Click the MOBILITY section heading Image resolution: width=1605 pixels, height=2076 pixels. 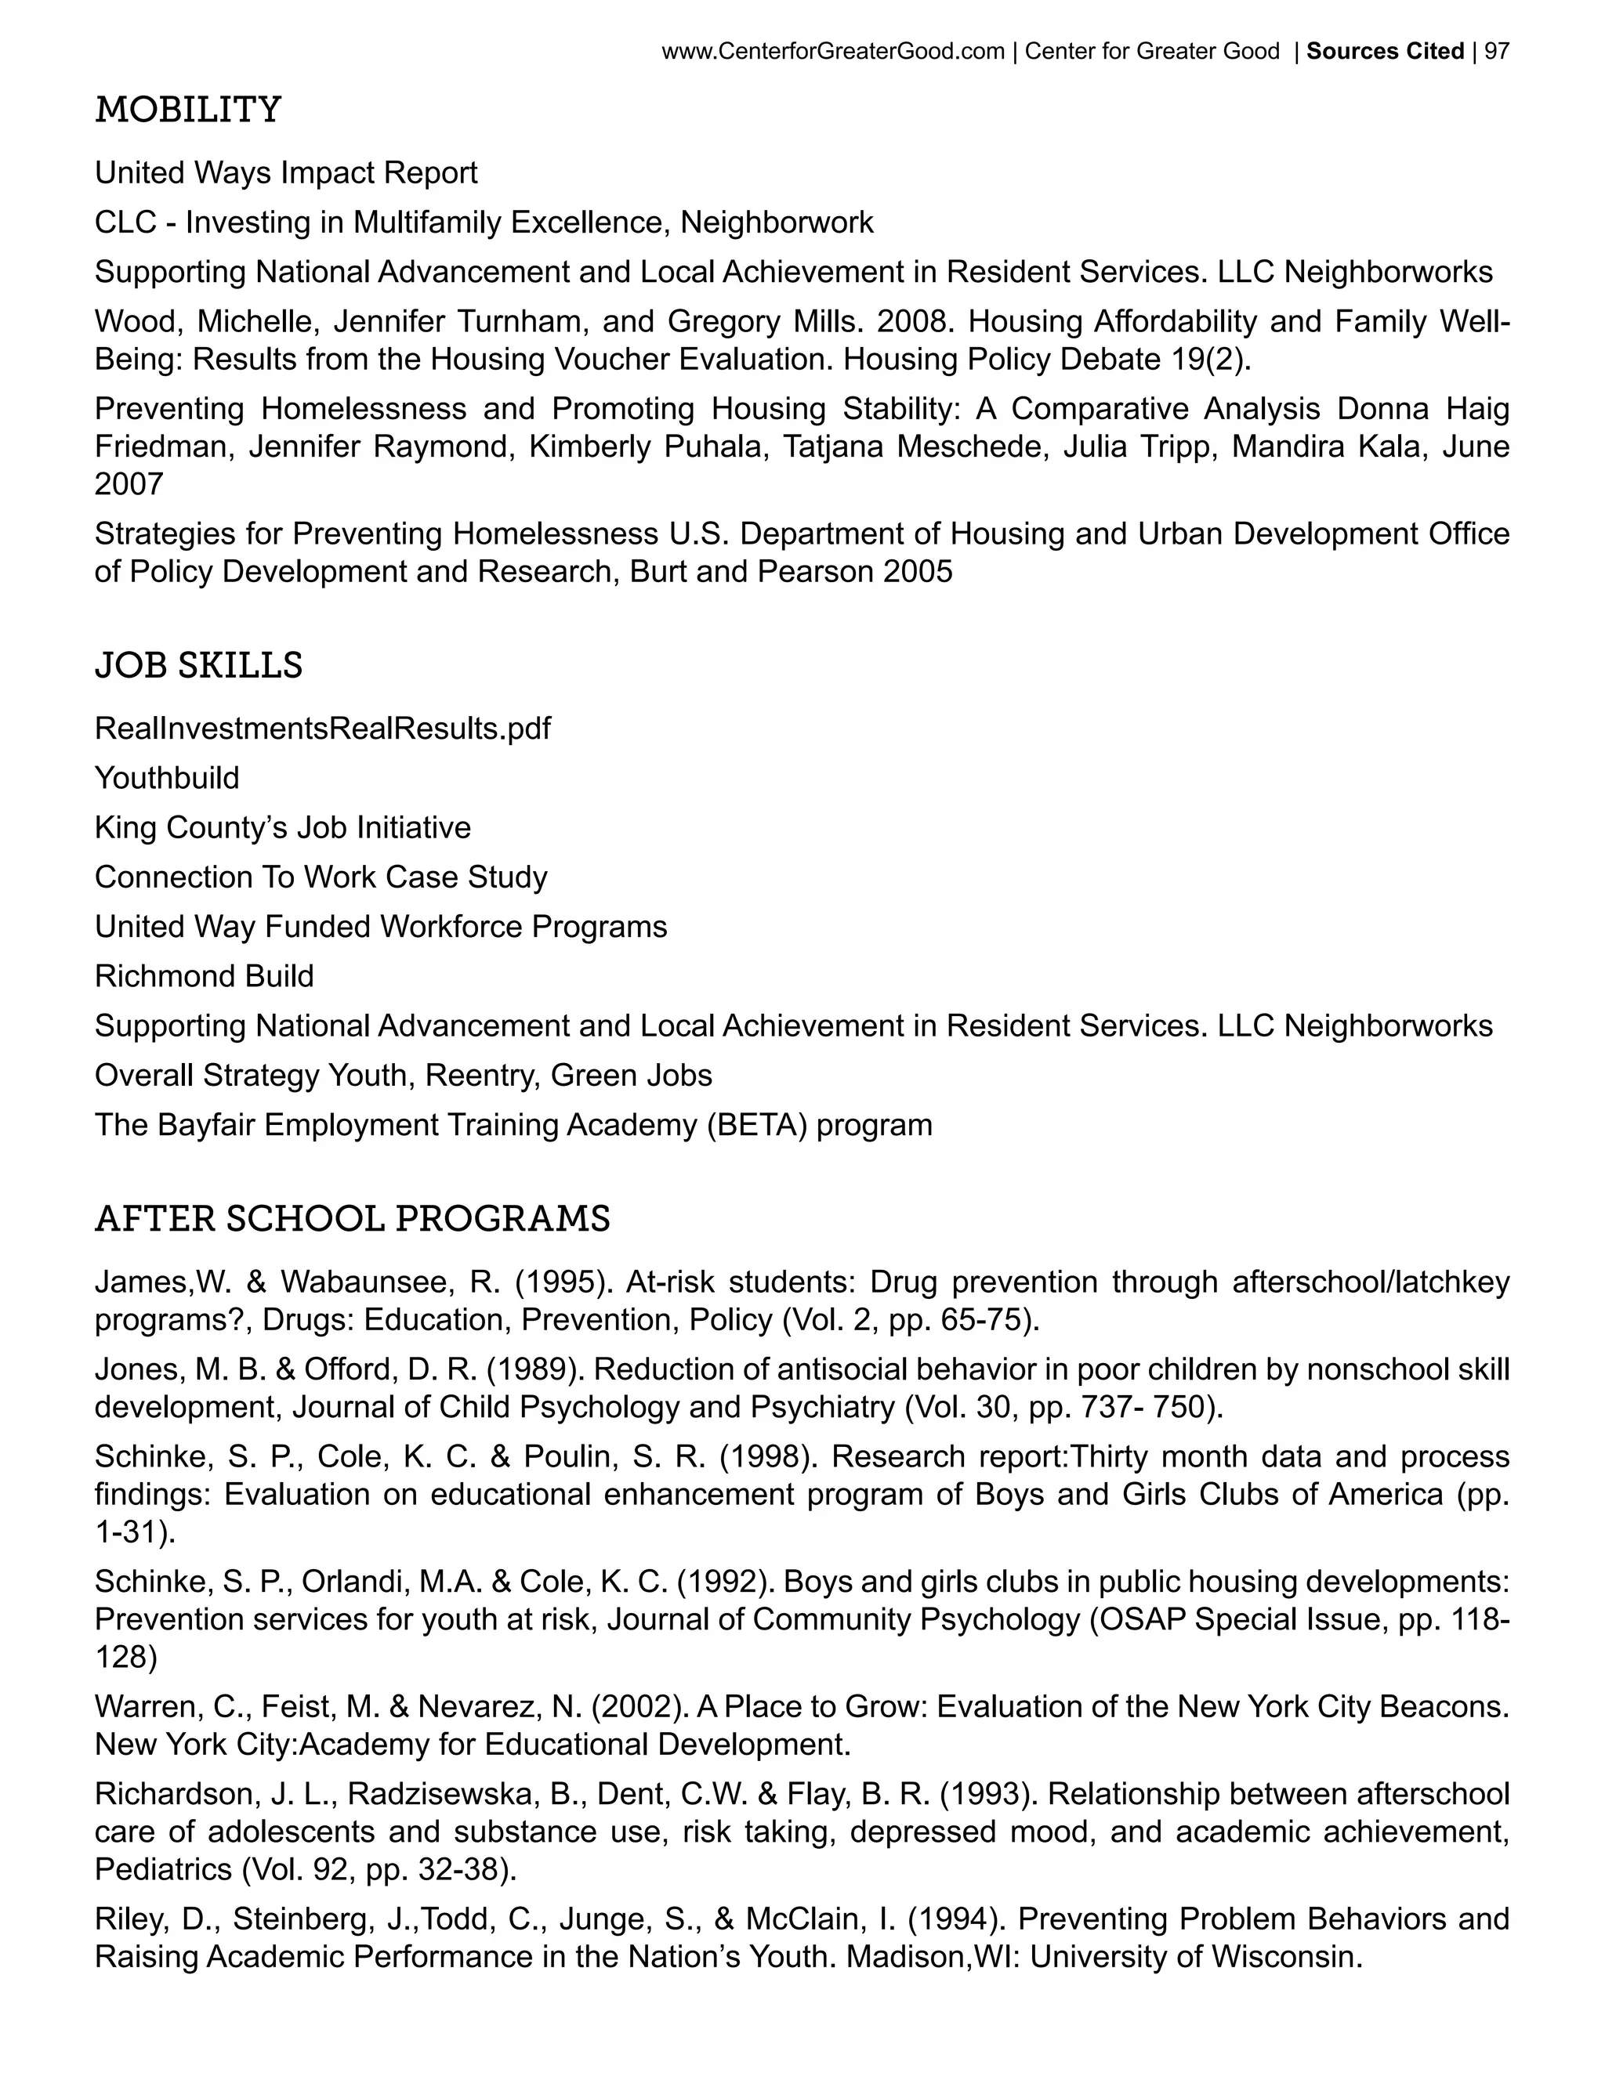pos(187,110)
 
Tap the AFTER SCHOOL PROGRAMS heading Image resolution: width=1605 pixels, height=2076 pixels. pos(352,1219)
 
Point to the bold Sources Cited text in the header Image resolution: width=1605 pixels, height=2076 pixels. pos(1385,52)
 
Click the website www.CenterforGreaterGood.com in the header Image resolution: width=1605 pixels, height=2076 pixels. pos(832,52)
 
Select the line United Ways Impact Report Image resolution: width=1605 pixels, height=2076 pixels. pos(285,173)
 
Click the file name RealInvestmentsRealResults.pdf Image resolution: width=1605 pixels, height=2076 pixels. pos(322,729)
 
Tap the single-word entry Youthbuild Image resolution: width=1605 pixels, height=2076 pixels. pos(166,779)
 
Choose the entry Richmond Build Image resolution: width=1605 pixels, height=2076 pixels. pos(204,976)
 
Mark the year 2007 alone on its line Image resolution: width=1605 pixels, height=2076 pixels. pos(129,485)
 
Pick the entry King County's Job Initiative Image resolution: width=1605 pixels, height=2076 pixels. pos(282,828)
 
